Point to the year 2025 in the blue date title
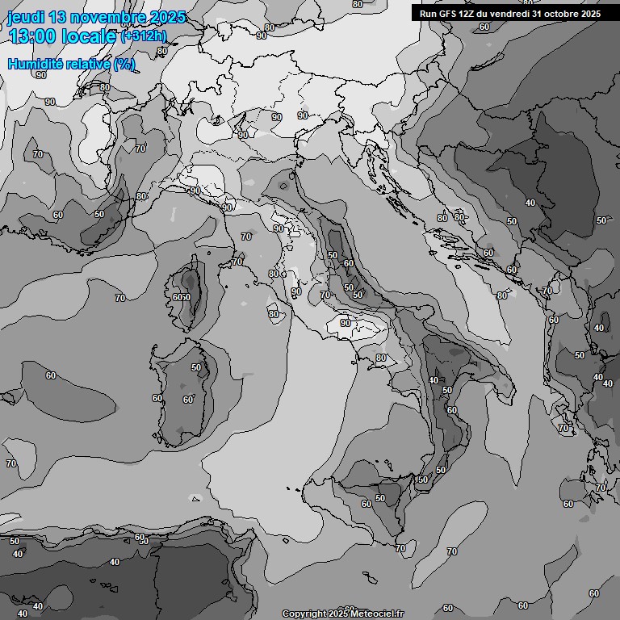[x=166, y=17]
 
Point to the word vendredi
[x=511, y=13]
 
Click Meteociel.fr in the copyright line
[x=376, y=614]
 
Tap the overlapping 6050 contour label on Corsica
[x=182, y=297]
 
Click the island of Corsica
[x=188, y=295]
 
